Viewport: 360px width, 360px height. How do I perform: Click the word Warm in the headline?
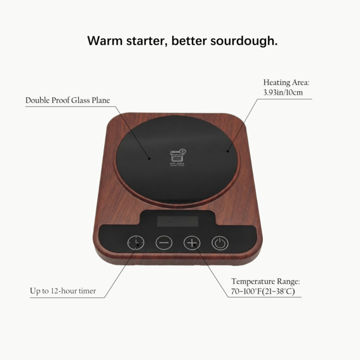105,41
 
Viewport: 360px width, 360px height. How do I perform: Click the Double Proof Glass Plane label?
67,100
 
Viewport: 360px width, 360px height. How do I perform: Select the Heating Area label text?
286,83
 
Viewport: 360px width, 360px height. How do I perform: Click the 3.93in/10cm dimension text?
283,93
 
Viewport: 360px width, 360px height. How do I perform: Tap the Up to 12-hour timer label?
63,291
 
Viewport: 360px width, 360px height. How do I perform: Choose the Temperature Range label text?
265,281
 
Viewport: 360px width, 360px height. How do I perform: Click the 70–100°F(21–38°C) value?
263,291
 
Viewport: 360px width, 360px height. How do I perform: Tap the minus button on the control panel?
164,243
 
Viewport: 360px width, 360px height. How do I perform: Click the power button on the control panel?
219,243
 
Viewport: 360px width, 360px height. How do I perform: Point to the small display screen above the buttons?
178,221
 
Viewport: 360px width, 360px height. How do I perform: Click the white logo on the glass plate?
178,156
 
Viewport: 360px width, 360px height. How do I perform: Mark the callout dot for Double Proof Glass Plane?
150,157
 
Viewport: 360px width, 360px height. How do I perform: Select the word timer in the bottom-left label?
85,291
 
